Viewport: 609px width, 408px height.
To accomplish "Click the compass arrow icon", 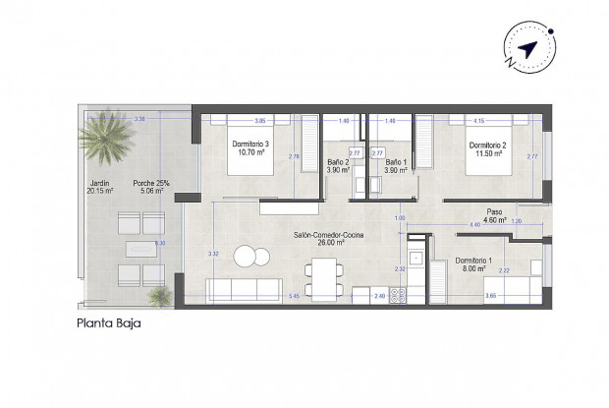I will (x=527, y=49).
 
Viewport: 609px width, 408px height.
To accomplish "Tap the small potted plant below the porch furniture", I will (x=157, y=294).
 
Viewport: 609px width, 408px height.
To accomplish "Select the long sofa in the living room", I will (x=243, y=290).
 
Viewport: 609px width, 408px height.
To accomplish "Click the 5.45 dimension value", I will (x=293, y=296).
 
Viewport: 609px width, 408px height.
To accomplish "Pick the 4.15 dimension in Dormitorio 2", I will (x=478, y=121).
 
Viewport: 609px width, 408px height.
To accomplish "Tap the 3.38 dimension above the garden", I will (x=139, y=119).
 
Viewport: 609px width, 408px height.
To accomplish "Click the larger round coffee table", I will (x=244, y=256).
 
